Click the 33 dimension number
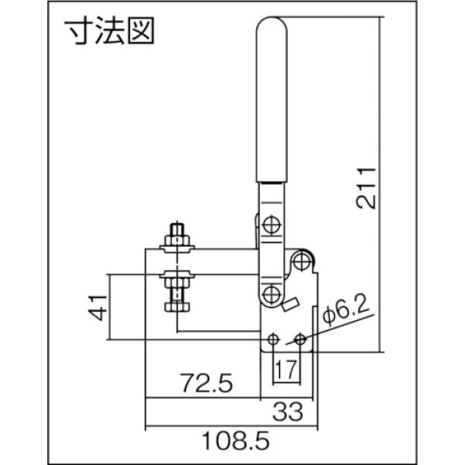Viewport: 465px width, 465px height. (285, 408)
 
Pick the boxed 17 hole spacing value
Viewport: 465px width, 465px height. (285, 367)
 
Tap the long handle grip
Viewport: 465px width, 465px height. (273, 101)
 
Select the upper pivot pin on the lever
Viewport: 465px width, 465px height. (271, 225)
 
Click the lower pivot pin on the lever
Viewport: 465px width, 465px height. (271, 294)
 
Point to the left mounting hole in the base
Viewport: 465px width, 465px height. (273, 340)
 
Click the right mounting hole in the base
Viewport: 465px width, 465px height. (299, 340)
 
